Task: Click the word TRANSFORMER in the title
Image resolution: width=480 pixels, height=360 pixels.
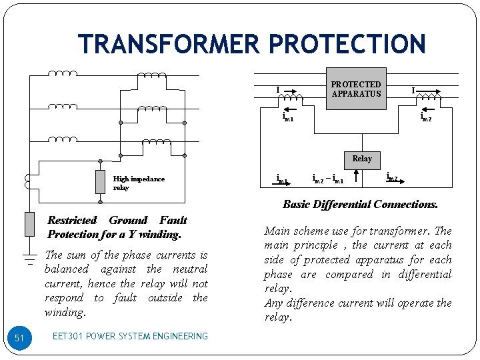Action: pyautogui.click(x=169, y=44)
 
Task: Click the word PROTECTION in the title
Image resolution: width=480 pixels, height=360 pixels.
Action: pyautogui.click(x=347, y=44)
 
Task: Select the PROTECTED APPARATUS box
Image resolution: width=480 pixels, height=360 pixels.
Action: pyautogui.click(x=356, y=89)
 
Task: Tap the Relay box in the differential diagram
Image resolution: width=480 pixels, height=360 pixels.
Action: pyautogui.click(x=361, y=159)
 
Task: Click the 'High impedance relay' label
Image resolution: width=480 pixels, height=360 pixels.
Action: pyautogui.click(x=138, y=183)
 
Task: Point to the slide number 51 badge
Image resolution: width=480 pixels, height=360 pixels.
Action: pyautogui.click(x=19, y=338)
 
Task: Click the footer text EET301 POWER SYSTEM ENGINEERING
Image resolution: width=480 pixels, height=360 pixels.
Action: pyautogui.click(x=130, y=337)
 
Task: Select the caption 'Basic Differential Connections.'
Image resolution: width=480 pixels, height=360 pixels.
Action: pyautogui.click(x=360, y=205)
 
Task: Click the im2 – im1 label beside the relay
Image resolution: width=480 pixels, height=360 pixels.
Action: pyautogui.click(x=327, y=179)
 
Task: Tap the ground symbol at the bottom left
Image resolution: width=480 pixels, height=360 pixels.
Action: pyautogui.click(x=29, y=257)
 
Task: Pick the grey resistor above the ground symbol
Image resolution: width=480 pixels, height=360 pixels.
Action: pyautogui.click(x=29, y=224)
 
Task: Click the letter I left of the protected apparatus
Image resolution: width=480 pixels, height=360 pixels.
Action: pyautogui.click(x=278, y=90)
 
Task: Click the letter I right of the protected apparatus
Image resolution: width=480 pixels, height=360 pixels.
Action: pyautogui.click(x=413, y=90)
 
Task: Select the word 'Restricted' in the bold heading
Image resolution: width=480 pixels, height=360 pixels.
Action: pyautogui.click(x=72, y=220)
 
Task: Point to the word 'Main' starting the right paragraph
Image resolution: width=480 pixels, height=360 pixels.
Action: pyautogui.click(x=277, y=231)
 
